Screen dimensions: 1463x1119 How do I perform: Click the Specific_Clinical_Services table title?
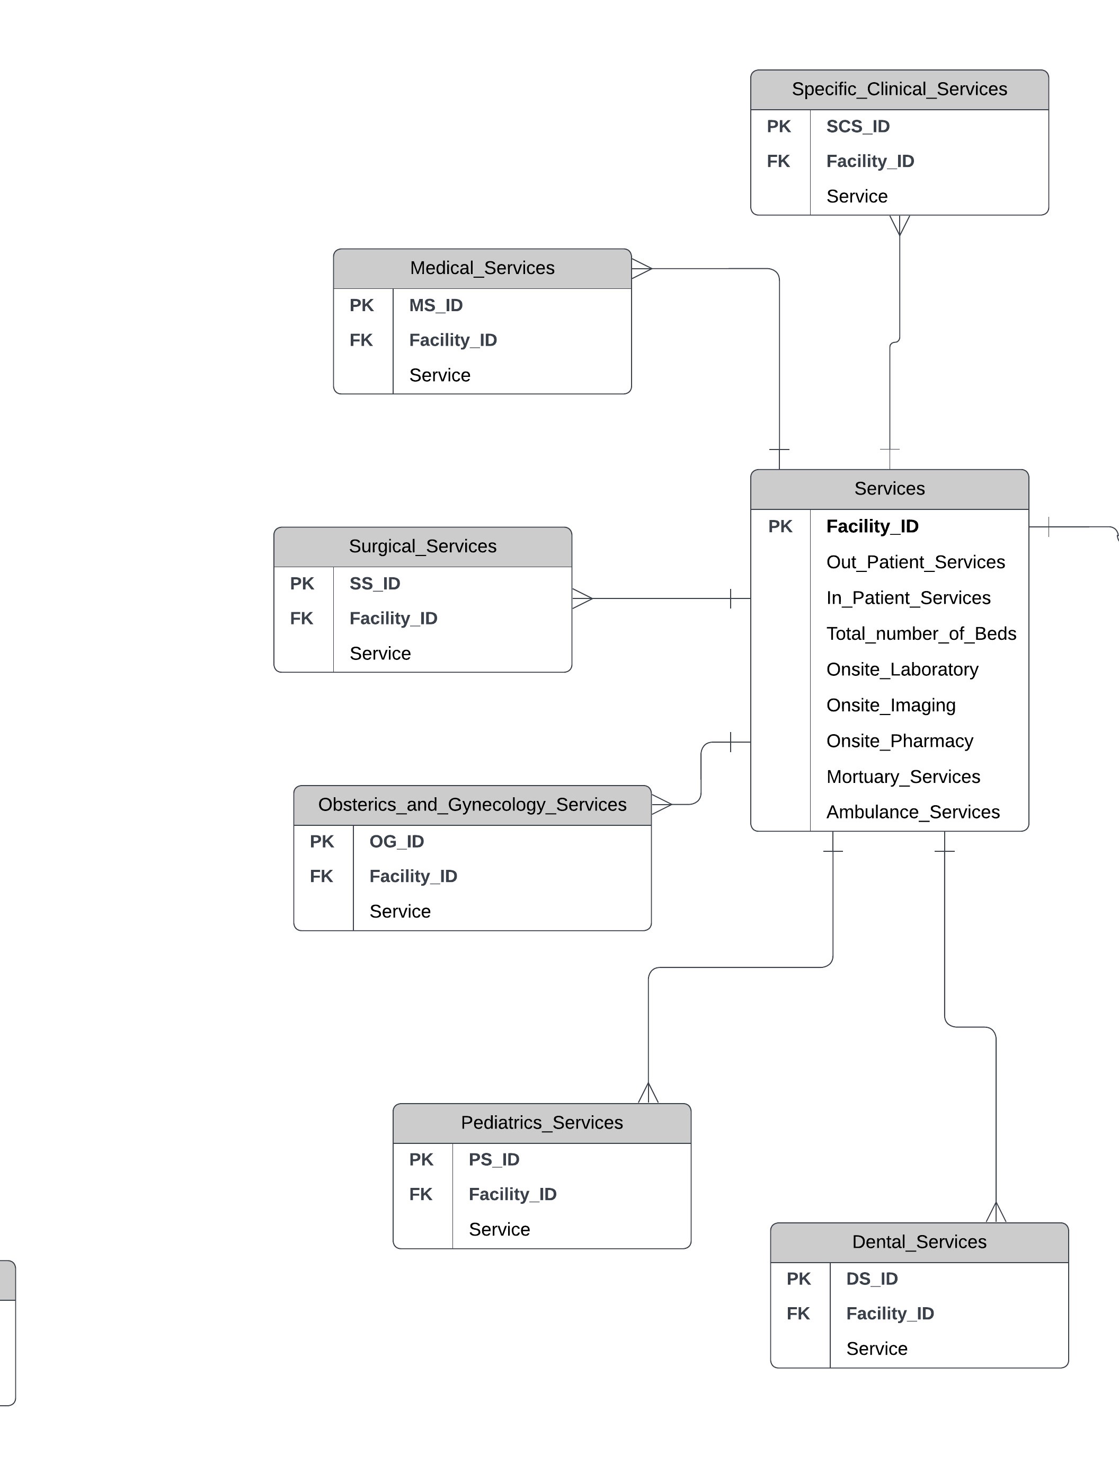[899, 89]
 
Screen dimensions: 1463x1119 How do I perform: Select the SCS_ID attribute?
[857, 127]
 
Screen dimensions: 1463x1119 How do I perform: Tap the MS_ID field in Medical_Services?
[436, 305]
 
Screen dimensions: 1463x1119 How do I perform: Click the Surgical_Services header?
[422, 547]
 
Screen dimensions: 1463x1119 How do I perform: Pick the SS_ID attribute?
[375, 584]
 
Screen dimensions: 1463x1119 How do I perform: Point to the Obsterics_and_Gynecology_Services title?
[472, 805]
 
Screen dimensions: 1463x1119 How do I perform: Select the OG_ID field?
[396, 841]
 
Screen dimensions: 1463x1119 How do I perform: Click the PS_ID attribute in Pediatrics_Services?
[494, 1159]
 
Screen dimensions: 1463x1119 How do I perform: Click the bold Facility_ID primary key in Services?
[872, 526]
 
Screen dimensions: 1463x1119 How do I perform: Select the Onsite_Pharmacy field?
[899, 741]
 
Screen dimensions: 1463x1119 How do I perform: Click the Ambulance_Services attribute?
[912, 812]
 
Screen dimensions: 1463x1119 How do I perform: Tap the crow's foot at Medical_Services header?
[641, 269]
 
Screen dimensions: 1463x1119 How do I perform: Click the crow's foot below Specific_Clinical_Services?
[899, 225]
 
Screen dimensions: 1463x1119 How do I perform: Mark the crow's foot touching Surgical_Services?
[581, 598]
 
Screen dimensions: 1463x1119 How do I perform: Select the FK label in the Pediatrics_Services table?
[420, 1194]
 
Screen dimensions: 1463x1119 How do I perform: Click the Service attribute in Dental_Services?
[876, 1349]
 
